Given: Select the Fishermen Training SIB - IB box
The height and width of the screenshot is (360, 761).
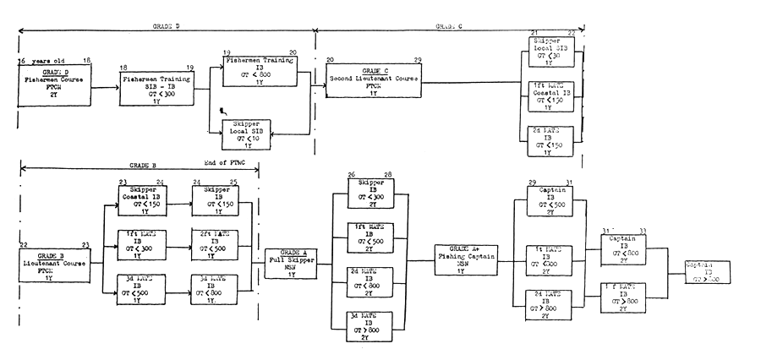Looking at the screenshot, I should [157, 88].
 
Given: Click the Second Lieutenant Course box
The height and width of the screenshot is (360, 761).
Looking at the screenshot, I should [372, 80].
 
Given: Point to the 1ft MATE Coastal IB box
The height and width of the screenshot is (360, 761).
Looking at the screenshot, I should [547, 95].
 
